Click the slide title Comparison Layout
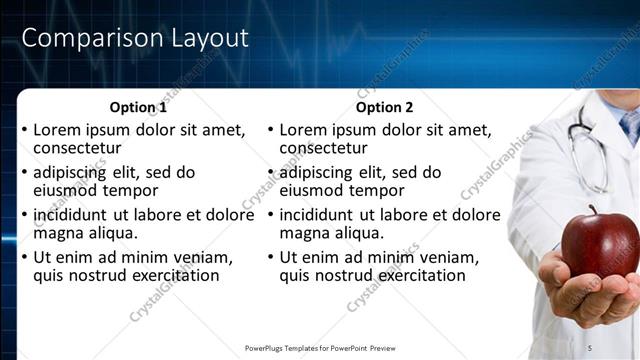(135, 39)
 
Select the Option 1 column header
(137, 108)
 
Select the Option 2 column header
(383, 108)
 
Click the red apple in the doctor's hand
(600, 245)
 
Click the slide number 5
(590, 347)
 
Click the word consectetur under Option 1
(77, 148)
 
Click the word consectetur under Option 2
(323, 148)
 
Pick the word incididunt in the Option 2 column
(323, 214)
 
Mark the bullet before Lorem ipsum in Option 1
(24, 131)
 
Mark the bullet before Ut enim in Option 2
(270, 257)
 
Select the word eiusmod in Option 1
(66, 190)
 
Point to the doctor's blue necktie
(630, 125)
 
